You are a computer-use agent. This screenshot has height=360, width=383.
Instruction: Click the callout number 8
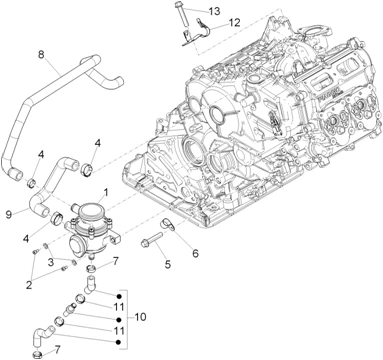click(41, 54)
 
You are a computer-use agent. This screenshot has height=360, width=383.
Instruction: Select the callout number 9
click(9, 214)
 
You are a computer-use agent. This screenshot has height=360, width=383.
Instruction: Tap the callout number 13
click(215, 11)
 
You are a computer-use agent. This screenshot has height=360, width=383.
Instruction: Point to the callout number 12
click(234, 23)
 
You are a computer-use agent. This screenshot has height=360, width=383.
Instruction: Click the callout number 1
click(106, 192)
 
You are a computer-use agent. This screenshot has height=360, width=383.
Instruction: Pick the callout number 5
click(168, 264)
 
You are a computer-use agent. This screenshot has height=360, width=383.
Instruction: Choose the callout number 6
click(195, 253)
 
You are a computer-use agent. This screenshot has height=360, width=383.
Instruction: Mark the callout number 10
click(141, 317)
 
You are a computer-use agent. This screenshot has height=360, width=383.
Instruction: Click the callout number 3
click(51, 262)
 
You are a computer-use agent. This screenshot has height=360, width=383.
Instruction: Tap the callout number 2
click(29, 285)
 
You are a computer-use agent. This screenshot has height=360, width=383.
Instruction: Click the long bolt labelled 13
click(181, 14)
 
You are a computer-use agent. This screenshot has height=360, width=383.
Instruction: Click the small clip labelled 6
click(167, 223)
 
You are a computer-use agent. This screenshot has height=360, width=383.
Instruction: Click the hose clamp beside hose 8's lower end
click(32, 183)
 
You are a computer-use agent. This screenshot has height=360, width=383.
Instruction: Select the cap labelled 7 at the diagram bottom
click(37, 354)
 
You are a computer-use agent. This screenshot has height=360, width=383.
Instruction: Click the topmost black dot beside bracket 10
click(118, 296)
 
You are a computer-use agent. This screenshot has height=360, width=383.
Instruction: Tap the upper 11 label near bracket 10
click(119, 307)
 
